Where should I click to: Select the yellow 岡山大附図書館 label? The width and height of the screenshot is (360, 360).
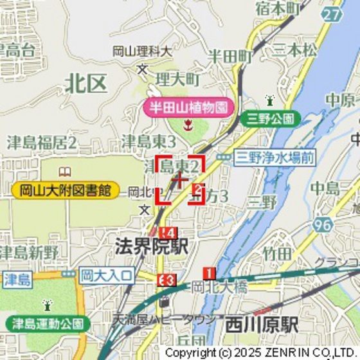pos(65,190)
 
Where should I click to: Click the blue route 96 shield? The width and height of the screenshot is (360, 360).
pos(324,224)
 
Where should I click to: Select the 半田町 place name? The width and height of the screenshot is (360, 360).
pos(229,57)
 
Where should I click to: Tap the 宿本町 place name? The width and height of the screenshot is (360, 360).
pos(278,9)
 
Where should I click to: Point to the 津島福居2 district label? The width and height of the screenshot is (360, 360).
pos(42,142)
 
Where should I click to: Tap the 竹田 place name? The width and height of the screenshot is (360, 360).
pos(276,254)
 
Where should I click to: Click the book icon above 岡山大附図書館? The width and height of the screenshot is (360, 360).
pos(65,172)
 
